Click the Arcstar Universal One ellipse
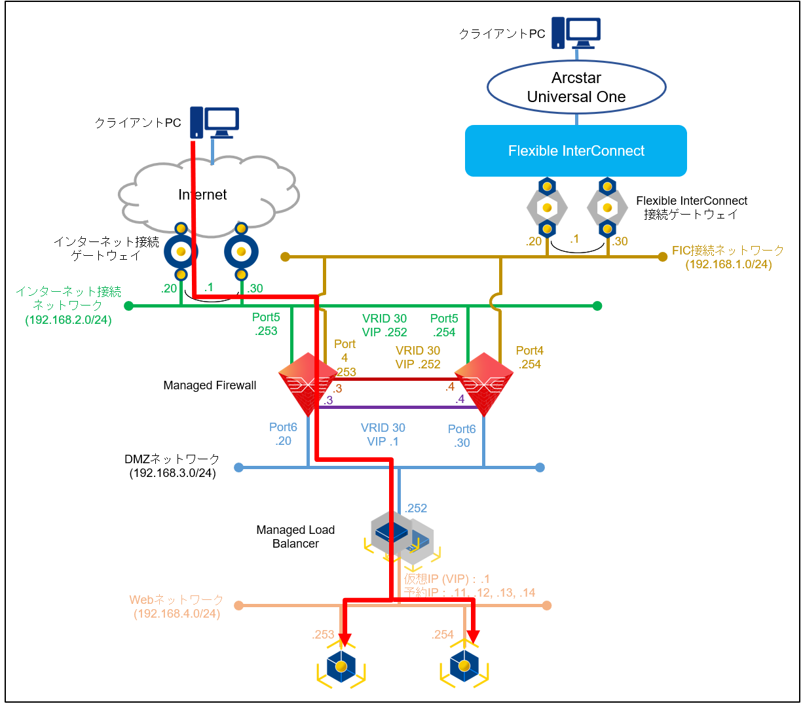576,87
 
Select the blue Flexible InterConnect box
576,150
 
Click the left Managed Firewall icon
307,383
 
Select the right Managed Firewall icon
484,383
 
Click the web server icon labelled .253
341,667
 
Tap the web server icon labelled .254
464,667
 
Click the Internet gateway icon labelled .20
181,252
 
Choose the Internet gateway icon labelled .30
241,252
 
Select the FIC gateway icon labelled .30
607,208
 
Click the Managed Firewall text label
210,385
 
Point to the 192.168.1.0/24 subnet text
728,264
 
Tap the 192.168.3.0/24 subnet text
172,473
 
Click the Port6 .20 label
283,434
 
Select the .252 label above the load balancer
416,508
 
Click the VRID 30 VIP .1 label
383,434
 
